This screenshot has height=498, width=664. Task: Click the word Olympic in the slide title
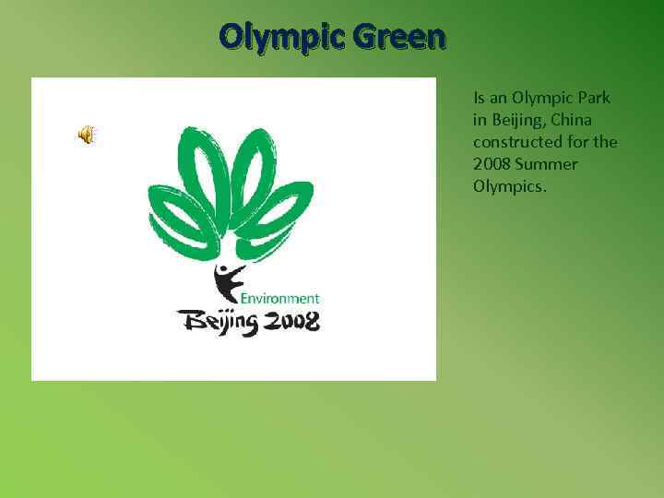279,37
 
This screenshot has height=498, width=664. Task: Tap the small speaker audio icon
86,136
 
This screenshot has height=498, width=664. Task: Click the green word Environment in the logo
280,298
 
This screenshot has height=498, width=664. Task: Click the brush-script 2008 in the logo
290,321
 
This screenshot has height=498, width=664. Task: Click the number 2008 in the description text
491,164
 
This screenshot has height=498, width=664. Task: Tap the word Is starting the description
479,98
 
